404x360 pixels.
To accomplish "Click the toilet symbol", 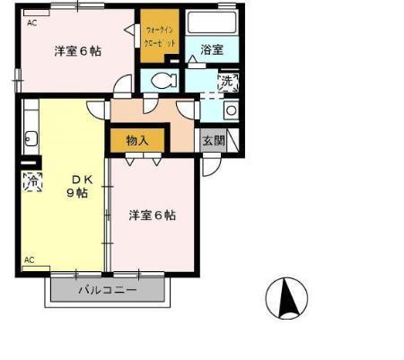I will coord(162,80).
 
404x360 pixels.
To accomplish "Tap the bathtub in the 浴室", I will coord(212,25).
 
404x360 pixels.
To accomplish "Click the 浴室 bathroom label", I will coord(212,50).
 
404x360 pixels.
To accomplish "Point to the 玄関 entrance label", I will coord(213,141).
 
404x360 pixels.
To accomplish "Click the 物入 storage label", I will coord(137,141).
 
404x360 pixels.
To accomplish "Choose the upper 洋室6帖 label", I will coord(76,50).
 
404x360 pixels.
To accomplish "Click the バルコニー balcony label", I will coord(107,290).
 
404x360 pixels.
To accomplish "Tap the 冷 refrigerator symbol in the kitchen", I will coord(32,182).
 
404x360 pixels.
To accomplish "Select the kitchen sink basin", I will coord(31,138).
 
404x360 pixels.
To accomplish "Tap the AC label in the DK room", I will coord(30,260).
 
